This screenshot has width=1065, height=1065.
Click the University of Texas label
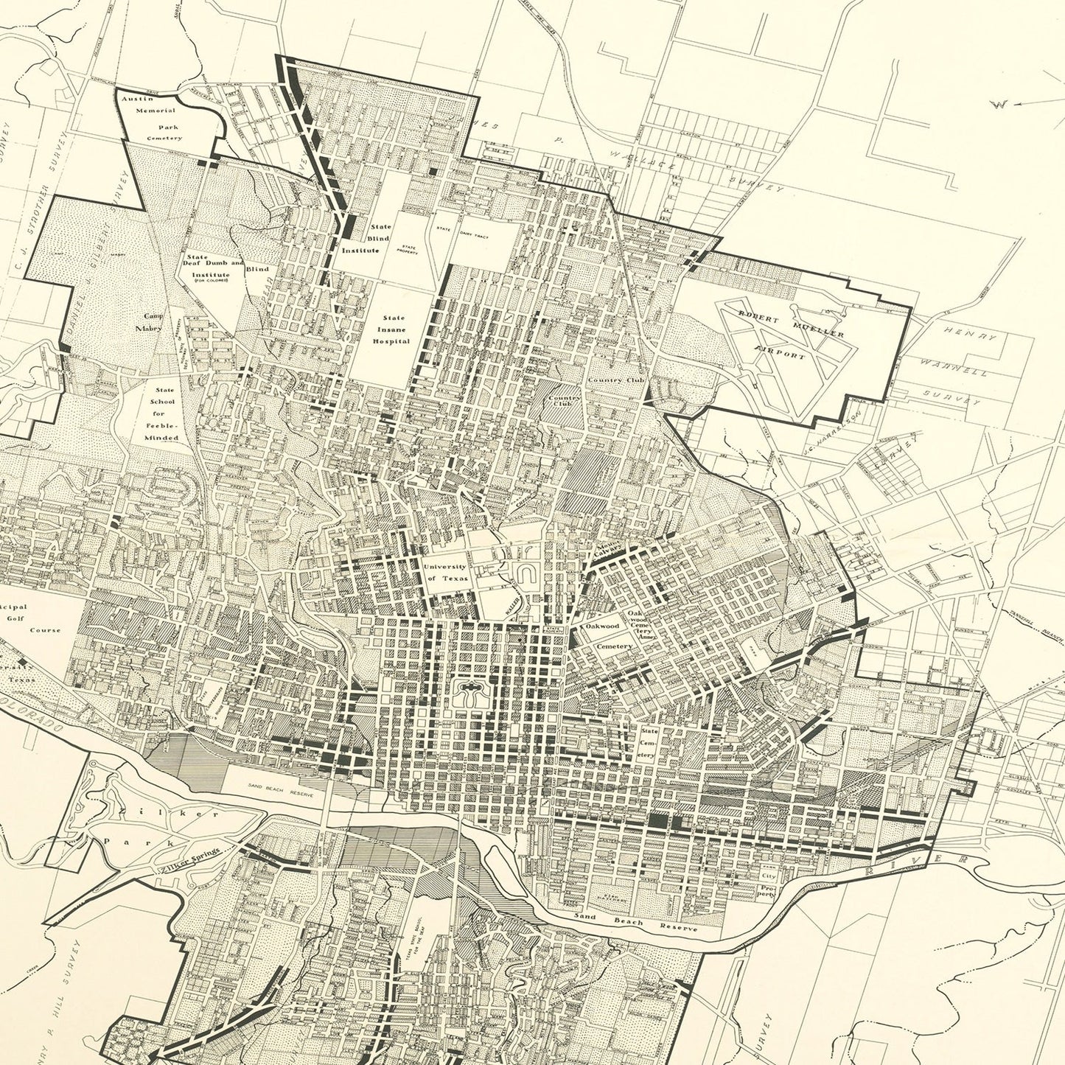(444, 572)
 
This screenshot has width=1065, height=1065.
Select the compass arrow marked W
(1013, 104)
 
